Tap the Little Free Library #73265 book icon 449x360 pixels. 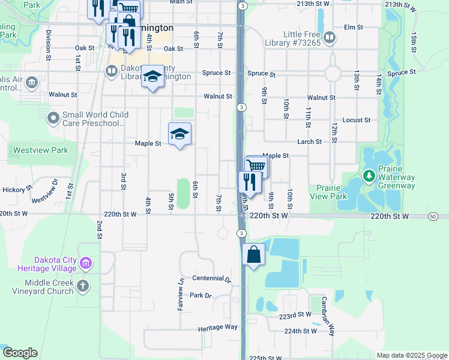click(x=329, y=38)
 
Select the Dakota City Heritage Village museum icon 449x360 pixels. click(x=86, y=263)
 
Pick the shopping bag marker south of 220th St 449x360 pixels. click(x=254, y=254)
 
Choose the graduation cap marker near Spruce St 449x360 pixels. click(x=152, y=77)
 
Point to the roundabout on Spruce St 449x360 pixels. click(x=333, y=74)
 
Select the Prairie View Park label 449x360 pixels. click(x=328, y=192)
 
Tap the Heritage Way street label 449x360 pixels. click(x=218, y=328)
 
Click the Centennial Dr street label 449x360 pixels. click(x=211, y=279)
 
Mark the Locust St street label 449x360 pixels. click(x=357, y=120)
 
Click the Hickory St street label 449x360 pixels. click(x=16, y=190)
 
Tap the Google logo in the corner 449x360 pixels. click(x=20, y=353)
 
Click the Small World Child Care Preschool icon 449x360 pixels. click(x=53, y=119)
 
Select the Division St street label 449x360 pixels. click(x=48, y=41)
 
